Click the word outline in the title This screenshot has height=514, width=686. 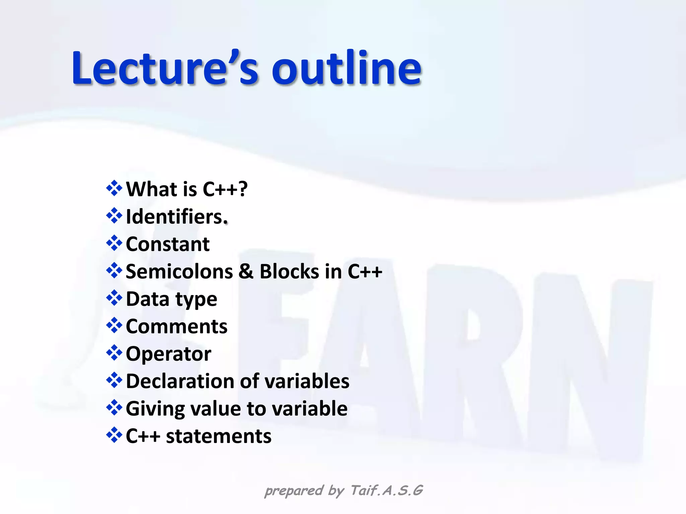tap(346, 69)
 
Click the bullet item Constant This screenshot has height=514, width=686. tap(167, 244)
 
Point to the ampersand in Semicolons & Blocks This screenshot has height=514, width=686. tap(246, 271)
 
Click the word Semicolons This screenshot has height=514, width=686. tap(179, 271)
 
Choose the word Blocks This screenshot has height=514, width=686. tap(289, 271)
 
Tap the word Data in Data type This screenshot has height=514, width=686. tap(147, 299)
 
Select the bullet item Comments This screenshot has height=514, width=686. tap(177, 326)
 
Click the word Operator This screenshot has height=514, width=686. tap(168, 354)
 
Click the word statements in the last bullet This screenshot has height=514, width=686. tap(218, 436)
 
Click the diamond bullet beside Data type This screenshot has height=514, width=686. tap(114, 298)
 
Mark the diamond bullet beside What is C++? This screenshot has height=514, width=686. tap(114, 188)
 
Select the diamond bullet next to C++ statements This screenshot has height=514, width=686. tap(114, 435)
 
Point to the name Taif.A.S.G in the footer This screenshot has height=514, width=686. tap(387, 491)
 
